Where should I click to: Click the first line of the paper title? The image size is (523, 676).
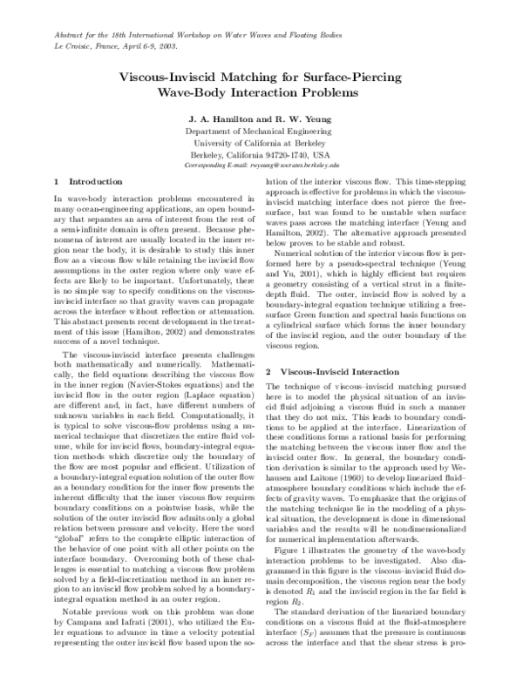tap(261, 76)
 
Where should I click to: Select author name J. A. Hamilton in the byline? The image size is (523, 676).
tap(222, 116)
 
